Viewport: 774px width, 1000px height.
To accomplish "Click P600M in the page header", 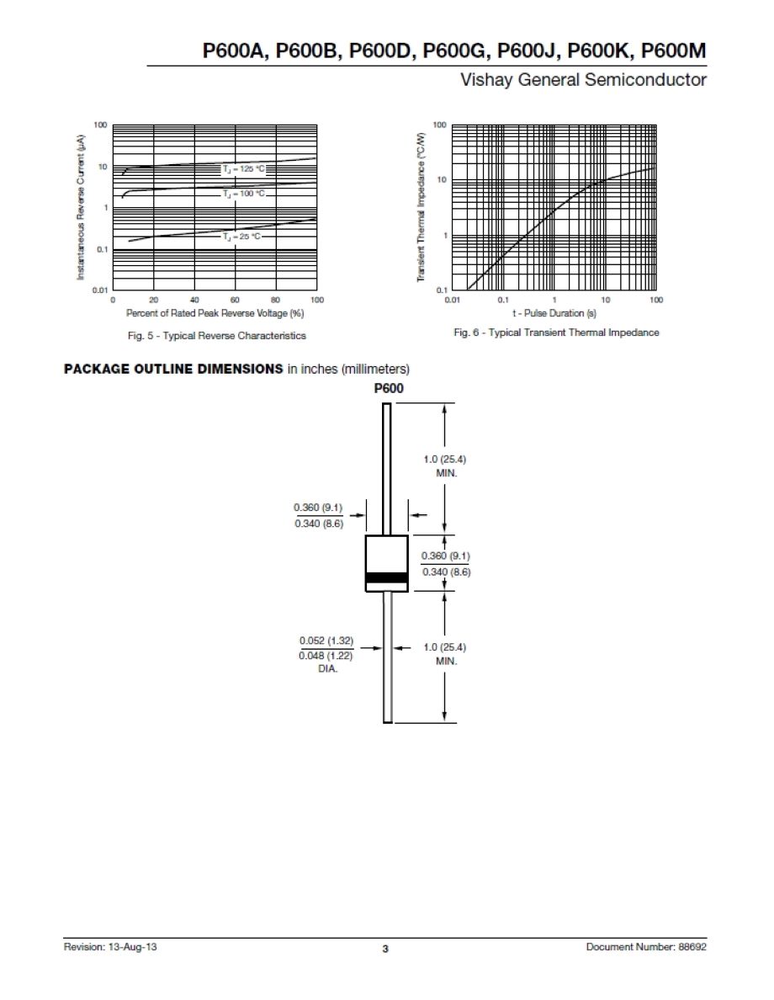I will coord(673,52).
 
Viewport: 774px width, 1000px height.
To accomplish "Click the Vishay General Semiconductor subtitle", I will coord(583,81).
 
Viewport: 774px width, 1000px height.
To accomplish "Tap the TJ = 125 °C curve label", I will coord(243,169).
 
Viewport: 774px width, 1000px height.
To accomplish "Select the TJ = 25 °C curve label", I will coord(242,237).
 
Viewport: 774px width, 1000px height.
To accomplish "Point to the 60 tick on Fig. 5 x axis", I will coord(235,300).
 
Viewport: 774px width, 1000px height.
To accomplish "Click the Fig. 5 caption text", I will coord(216,336).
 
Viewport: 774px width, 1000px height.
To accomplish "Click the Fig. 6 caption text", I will coord(556,332).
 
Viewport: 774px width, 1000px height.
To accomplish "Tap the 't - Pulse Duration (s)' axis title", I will coord(554,313).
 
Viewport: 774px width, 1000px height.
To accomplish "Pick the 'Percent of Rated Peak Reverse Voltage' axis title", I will coord(215,313).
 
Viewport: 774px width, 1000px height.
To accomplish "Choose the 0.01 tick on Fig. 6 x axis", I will coord(452,300).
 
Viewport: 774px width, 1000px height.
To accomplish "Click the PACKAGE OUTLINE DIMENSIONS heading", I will coord(173,370).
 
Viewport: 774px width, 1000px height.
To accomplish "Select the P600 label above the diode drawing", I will coord(388,389).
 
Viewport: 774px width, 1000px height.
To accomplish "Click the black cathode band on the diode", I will coord(386,577).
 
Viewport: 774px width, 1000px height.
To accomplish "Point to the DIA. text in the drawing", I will coord(327,670).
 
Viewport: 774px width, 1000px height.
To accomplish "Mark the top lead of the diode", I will coord(387,468).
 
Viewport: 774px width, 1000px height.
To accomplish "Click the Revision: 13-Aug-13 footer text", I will coord(111,947).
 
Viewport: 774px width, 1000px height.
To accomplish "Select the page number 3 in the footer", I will coord(385,949).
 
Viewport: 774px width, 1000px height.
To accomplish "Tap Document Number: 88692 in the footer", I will coord(646,947).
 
